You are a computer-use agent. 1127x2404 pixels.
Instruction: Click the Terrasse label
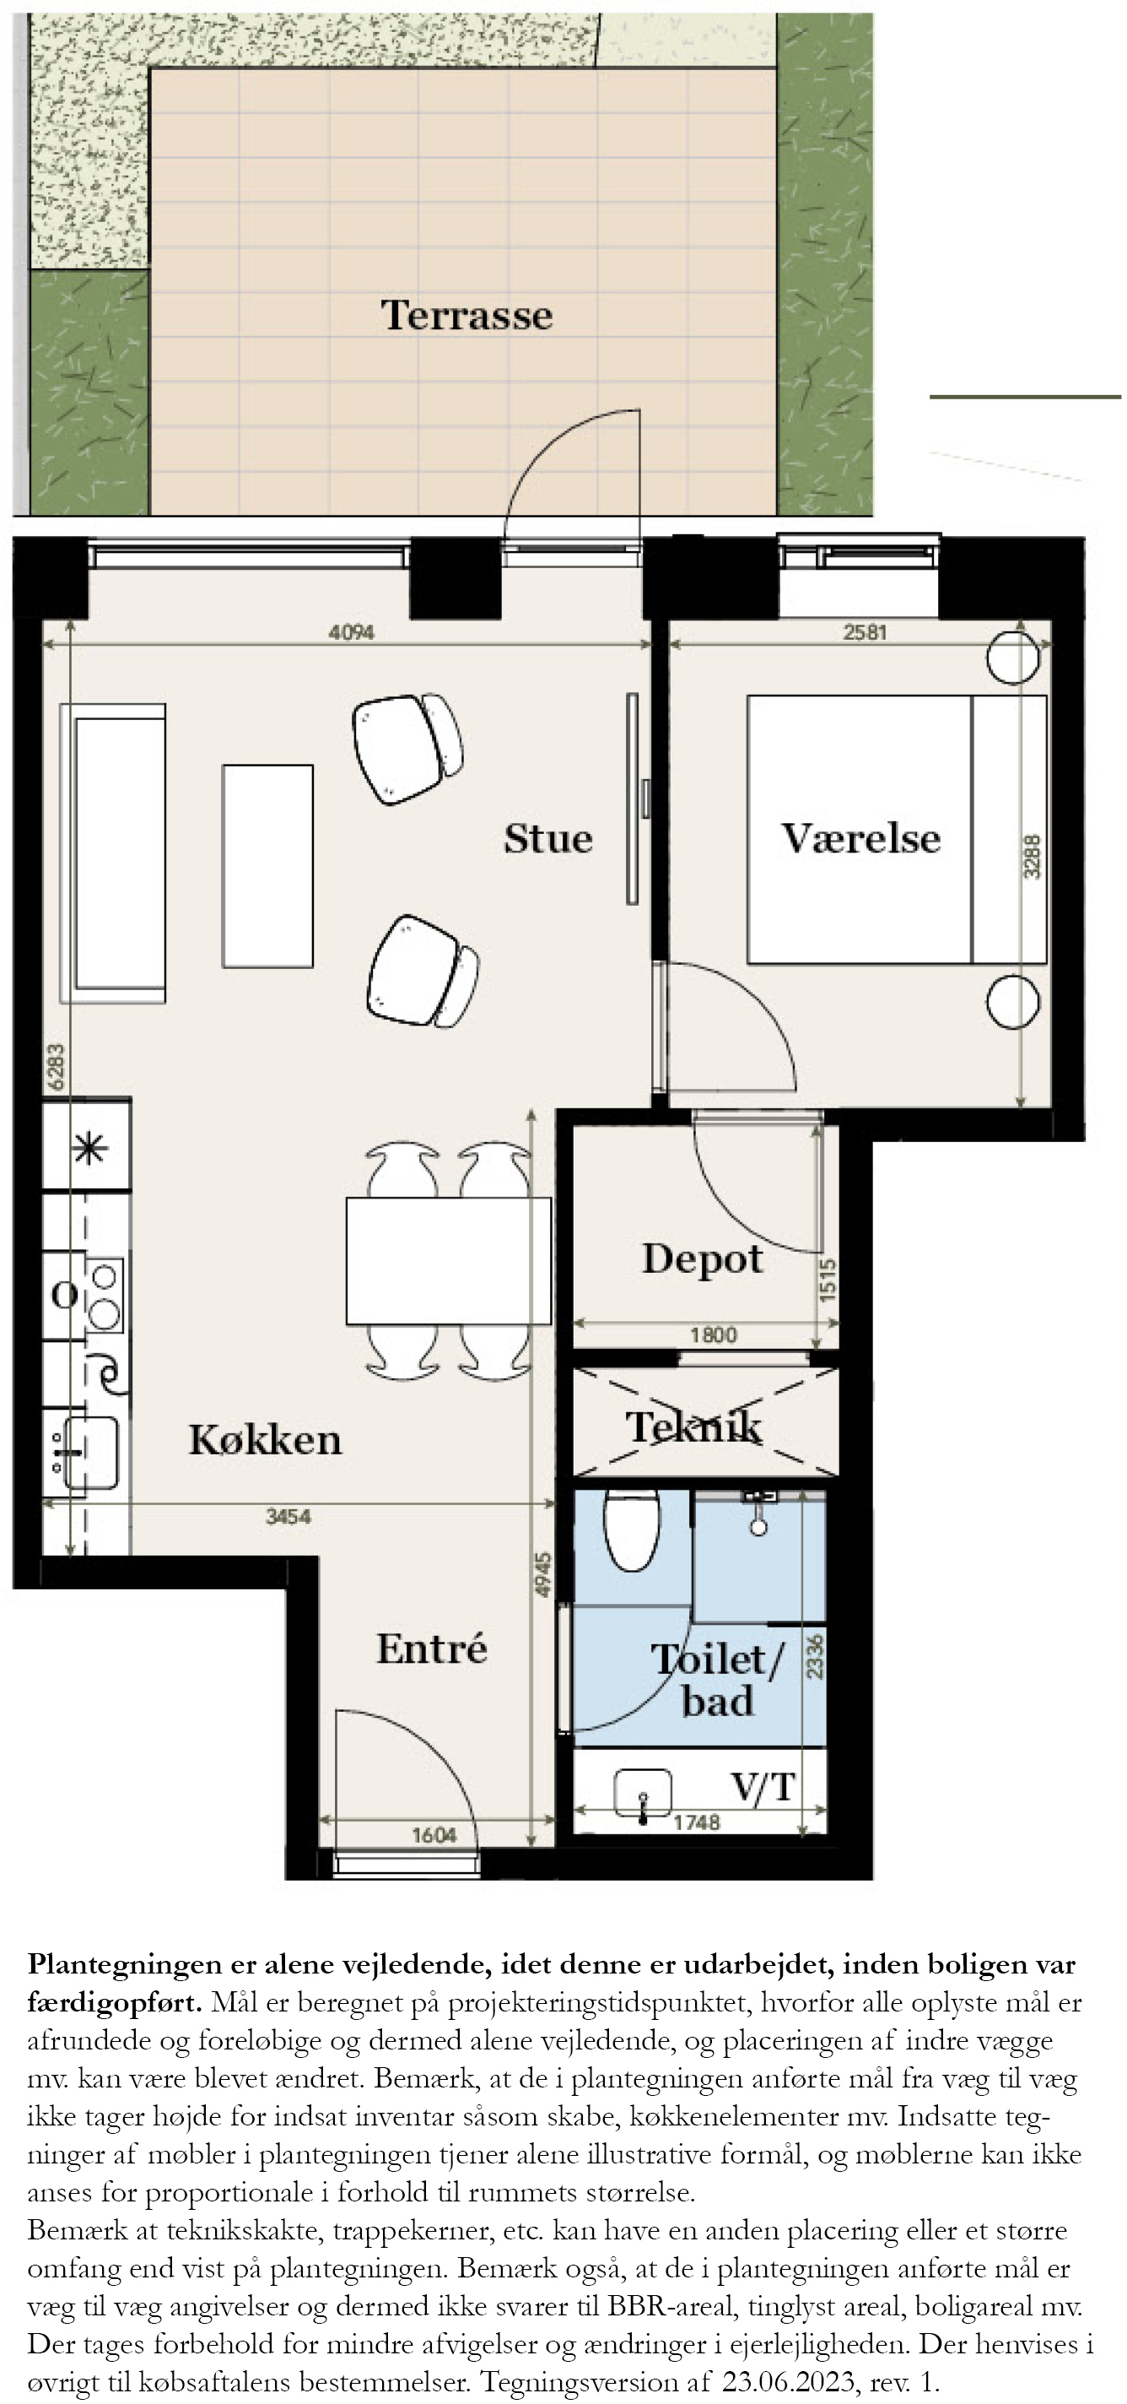(x=466, y=316)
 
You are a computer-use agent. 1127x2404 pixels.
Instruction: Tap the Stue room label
(x=548, y=838)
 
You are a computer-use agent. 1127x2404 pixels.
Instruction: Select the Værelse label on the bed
(x=860, y=838)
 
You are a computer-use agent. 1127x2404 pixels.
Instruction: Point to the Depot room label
(x=703, y=1259)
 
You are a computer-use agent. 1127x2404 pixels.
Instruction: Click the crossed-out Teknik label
(x=693, y=1427)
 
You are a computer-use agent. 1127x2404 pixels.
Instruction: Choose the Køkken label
(x=265, y=1439)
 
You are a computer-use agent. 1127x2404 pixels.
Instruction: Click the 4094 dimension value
(x=351, y=633)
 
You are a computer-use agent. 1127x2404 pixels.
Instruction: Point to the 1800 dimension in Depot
(x=714, y=1335)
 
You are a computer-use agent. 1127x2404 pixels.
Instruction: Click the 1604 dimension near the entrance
(x=434, y=1836)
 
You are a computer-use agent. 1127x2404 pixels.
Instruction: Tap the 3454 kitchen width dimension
(x=288, y=1517)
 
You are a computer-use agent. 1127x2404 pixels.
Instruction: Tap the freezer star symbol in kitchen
(x=89, y=1149)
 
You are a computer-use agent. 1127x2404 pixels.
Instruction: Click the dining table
(x=448, y=1261)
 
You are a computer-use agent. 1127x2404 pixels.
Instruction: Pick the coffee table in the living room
(x=267, y=866)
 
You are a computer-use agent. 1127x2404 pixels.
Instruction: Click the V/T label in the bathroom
(x=763, y=1786)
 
